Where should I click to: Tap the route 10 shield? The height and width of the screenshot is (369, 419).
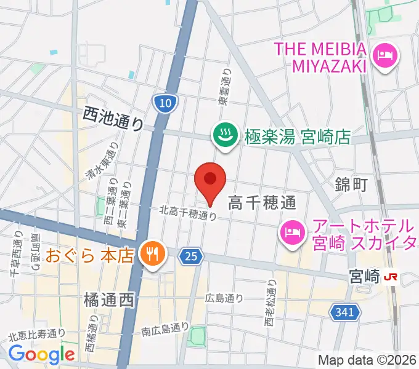tap(164, 103)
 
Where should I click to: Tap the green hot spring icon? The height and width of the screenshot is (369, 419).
tap(222, 135)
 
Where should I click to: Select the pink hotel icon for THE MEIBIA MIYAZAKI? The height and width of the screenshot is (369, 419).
tap(386, 56)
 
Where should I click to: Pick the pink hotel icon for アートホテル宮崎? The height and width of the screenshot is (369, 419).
tap(291, 232)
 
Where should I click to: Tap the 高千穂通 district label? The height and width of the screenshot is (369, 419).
tap(262, 201)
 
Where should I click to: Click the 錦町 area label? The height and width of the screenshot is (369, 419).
tap(351, 183)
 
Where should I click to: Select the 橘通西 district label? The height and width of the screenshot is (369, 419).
tap(108, 301)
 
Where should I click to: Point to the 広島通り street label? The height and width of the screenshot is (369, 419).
tap(224, 298)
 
